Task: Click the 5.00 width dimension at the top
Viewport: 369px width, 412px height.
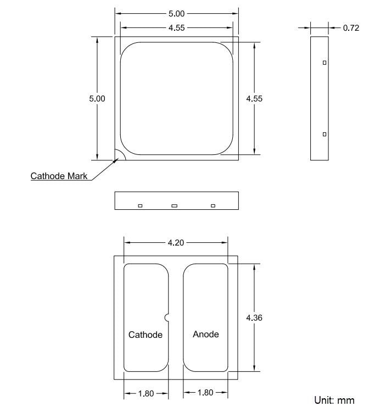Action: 176,13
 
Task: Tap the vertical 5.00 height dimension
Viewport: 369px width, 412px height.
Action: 97,98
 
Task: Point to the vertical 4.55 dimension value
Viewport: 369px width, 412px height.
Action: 254,98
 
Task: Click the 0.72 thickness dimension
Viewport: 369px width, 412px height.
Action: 351,27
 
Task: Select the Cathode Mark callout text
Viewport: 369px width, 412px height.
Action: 59,176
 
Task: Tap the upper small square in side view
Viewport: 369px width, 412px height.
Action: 325,63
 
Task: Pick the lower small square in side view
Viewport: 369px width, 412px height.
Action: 325,134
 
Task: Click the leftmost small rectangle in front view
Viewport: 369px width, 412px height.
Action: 140,205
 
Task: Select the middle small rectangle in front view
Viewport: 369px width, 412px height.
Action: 174,205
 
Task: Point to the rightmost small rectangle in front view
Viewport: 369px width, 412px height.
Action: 213,205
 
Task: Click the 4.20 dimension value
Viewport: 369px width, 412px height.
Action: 176,243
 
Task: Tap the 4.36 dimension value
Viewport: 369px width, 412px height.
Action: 254,318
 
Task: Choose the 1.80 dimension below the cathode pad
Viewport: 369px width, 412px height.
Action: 146,393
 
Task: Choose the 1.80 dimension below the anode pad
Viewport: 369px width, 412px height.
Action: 205,393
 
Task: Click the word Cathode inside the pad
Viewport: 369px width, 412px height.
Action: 146,335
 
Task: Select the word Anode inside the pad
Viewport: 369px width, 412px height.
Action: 206,334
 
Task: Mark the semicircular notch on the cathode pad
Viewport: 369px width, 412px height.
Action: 166,316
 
